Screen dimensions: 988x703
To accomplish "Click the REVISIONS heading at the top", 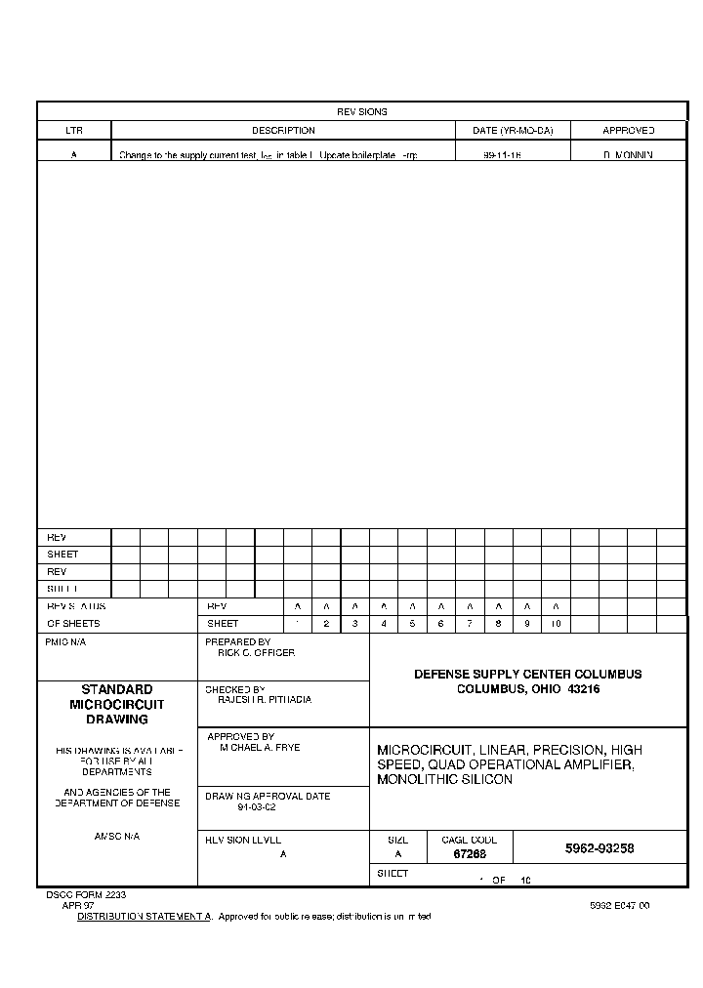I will coord(362,112).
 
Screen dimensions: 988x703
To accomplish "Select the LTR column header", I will coord(74,131).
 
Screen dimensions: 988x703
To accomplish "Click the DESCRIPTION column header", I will coord(283,131).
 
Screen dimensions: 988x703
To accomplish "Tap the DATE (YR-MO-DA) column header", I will coord(513,131).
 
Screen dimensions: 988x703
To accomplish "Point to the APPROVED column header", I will coord(628,131).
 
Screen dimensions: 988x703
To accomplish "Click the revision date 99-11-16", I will coord(502,155).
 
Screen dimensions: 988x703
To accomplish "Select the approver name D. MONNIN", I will coord(628,155).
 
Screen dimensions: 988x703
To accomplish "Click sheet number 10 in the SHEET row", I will coord(555,624).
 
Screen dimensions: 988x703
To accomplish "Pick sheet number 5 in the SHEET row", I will coord(412,624).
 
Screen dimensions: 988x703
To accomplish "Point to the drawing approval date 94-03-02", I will coord(257,807).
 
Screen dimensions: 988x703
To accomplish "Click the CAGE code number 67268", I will coord(470,854).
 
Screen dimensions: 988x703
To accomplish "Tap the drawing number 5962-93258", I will coord(600,848).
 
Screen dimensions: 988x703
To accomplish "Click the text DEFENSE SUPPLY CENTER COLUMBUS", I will coord(528,675).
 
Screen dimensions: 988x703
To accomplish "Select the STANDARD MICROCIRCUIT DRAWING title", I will coord(117,704).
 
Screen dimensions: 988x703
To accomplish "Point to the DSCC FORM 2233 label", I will coord(86,894).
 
